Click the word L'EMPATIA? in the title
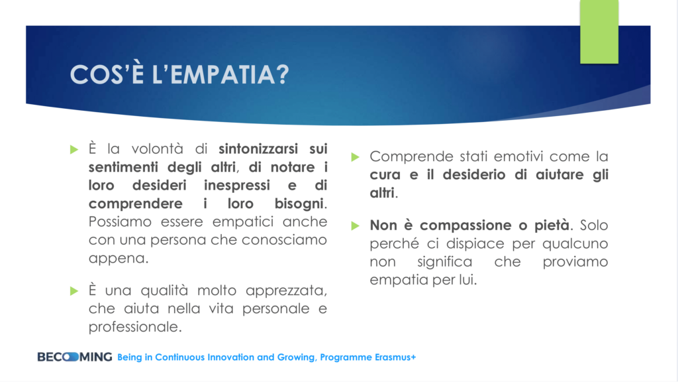(220, 74)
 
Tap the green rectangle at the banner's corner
(599, 32)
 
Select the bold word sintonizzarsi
(258, 149)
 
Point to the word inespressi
(237, 186)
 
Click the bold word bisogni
(299, 204)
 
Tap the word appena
(117, 259)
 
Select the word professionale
(133, 327)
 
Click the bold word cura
(385, 175)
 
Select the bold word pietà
(552, 225)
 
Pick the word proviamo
(575, 262)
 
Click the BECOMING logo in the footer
(74, 357)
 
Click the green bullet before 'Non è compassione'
(356, 225)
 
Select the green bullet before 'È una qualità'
(74, 290)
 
